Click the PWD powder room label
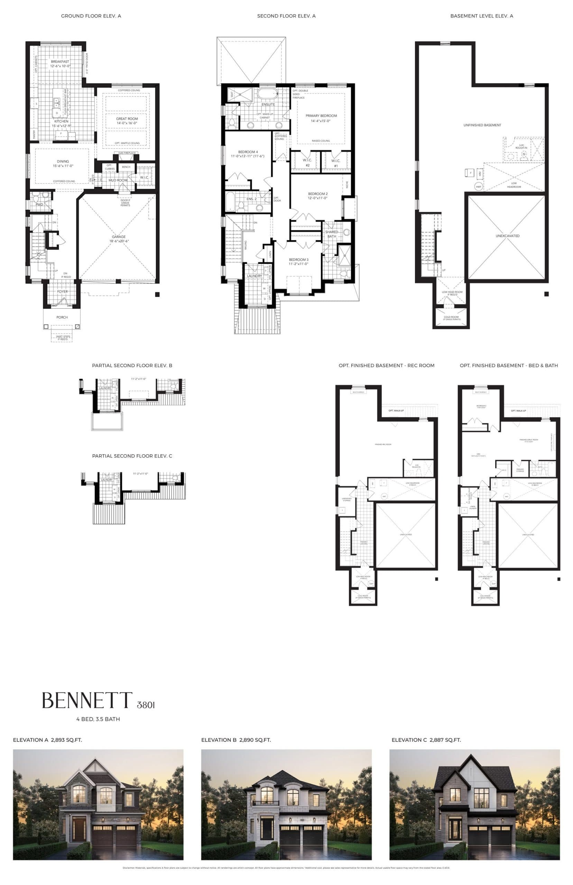(39, 205)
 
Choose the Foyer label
(63, 291)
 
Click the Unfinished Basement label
(482, 125)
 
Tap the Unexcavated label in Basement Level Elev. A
(508, 236)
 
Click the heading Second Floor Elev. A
(286, 16)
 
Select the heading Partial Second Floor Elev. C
(132, 456)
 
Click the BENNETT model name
(87, 700)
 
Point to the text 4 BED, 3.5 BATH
(98, 719)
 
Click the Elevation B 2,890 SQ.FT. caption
(236, 740)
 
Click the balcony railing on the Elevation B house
(266, 803)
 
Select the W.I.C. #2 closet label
(308, 162)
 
